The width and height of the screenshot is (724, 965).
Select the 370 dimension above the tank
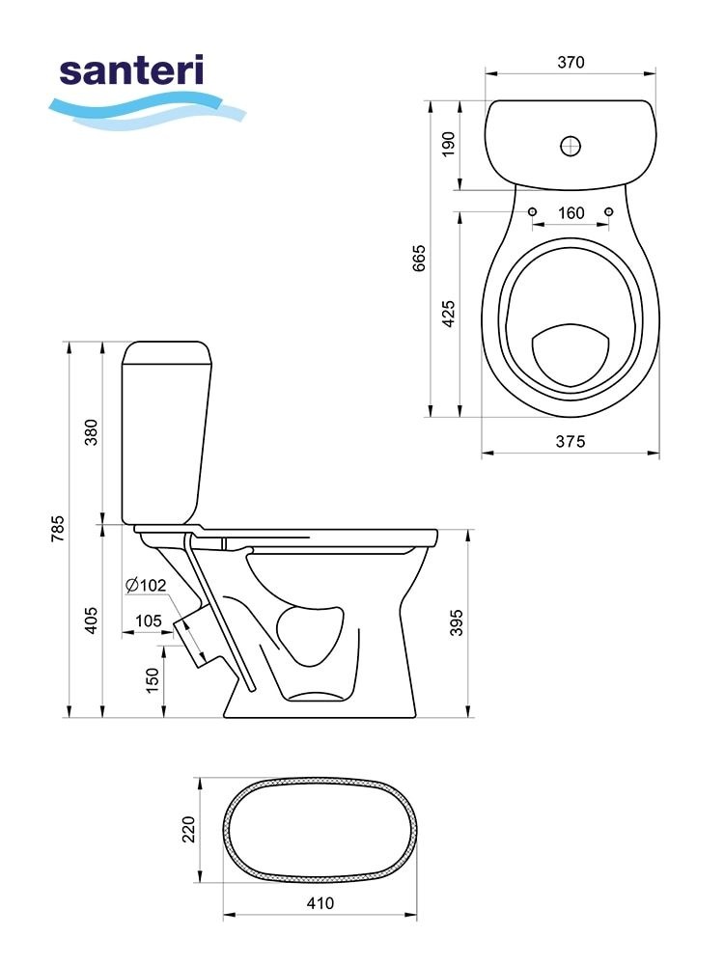tap(571, 62)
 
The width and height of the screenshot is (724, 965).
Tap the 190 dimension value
tap(448, 144)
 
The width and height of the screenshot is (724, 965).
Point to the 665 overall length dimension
tap(419, 259)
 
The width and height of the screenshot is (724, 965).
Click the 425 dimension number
tap(448, 314)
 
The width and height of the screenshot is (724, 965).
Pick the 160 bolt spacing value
tap(571, 213)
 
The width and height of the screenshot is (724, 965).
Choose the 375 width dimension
tap(571, 441)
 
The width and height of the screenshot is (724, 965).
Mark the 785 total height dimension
tap(57, 529)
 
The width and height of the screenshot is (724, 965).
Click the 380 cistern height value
tap(91, 432)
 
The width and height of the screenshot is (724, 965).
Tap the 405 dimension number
tap(91, 620)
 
